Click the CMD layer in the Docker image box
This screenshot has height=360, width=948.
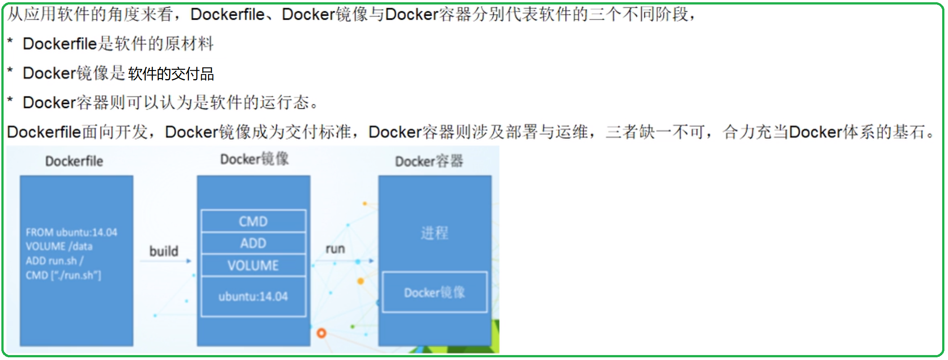(x=253, y=221)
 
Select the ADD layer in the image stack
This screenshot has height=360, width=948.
(x=253, y=243)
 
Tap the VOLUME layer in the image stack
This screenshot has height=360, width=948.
(x=253, y=265)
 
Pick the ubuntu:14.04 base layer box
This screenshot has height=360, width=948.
(x=253, y=296)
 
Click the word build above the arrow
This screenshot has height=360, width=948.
(x=164, y=251)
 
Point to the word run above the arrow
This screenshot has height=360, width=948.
(x=335, y=249)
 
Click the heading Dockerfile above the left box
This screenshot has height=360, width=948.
(x=74, y=161)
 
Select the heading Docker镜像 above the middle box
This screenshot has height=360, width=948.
(x=254, y=159)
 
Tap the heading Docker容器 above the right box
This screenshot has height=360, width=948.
(x=429, y=161)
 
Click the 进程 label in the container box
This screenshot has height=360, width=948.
(x=434, y=233)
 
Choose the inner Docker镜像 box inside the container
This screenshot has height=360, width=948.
(x=434, y=292)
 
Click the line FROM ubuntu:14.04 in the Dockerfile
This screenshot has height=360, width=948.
(x=71, y=232)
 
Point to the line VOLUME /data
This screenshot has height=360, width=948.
(x=59, y=246)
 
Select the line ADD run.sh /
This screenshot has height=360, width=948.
(x=54, y=261)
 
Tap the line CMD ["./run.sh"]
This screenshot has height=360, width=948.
(x=63, y=275)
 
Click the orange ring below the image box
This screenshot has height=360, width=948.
(x=321, y=333)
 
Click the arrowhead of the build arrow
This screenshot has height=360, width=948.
(x=189, y=261)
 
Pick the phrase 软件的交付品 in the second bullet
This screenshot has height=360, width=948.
(x=171, y=74)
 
